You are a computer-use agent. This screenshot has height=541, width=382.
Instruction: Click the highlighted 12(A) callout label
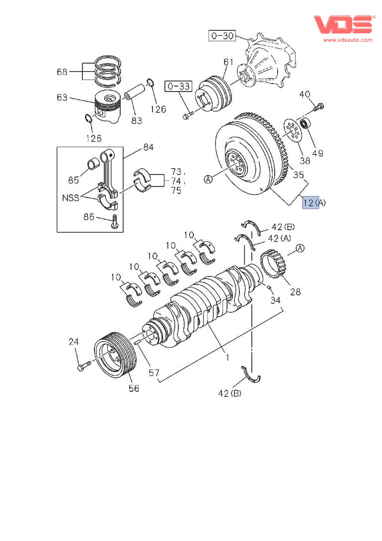(x=310, y=202)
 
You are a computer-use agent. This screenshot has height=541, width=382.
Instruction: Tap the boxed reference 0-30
(x=222, y=36)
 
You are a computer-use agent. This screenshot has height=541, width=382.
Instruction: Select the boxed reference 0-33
(x=178, y=87)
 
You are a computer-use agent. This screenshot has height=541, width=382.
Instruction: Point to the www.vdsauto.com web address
(x=348, y=40)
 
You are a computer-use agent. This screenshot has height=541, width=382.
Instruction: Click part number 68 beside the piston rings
(x=62, y=72)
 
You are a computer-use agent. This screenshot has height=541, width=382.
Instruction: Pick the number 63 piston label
(x=62, y=97)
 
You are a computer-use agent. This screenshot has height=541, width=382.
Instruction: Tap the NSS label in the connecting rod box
(x=71, y=197)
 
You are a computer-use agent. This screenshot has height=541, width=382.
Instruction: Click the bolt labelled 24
(x=82, y=367)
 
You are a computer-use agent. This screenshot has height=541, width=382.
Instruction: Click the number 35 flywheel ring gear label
(x=298, y=175)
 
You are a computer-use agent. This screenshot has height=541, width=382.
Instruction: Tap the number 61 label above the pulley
(x=228, y=62)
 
